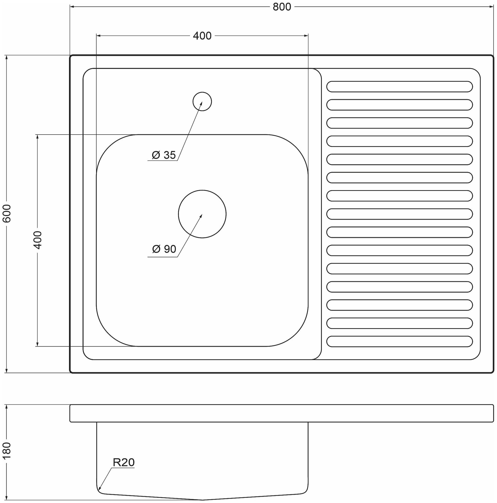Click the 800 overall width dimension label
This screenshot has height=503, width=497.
[x=282, y=7]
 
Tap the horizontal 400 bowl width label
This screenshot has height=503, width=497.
[x=202, y=36]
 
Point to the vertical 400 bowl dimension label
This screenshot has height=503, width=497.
[x=37, y=240]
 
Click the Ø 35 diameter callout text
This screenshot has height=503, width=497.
[x=164, y=155]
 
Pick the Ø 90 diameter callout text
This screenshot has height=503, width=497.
[x=164, y=249]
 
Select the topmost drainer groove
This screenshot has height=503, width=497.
[x=399, y=87]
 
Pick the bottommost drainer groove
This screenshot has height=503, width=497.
[x=399, y=342]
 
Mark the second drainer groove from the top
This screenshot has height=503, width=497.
[x=399, y=105]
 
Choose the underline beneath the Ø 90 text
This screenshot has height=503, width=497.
[x=162, y=257]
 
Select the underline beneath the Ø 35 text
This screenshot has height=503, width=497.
[x=162, y=161]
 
